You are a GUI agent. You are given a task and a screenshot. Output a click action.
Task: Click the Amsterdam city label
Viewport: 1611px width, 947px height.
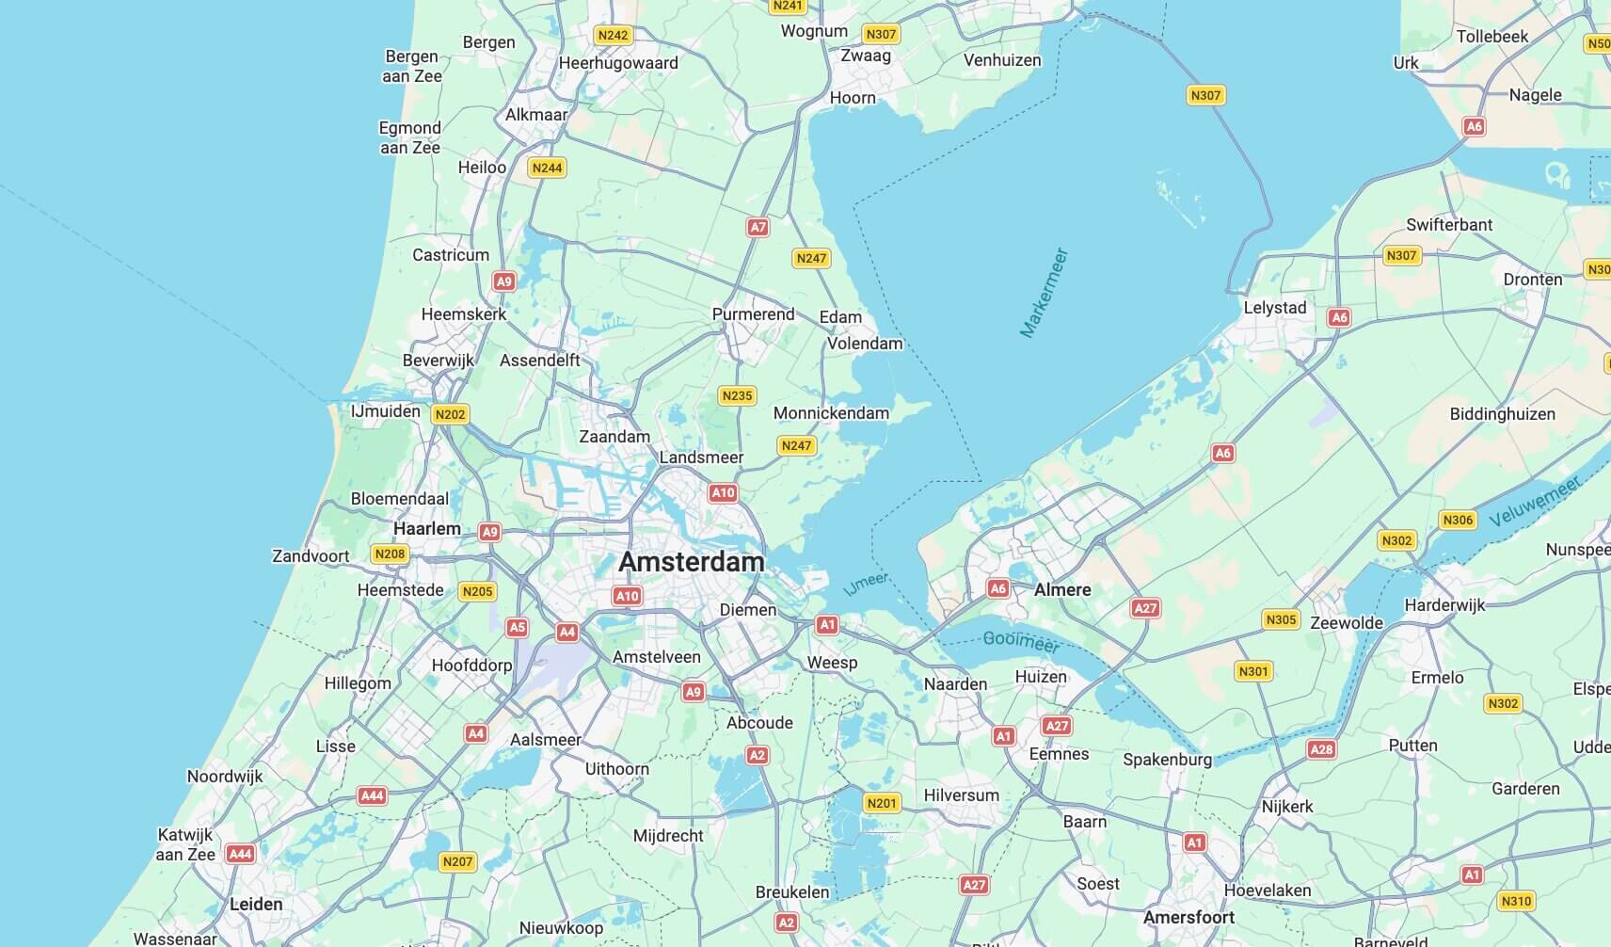(692, 562)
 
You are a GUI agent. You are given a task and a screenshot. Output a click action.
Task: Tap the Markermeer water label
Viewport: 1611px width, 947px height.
(1045, 293)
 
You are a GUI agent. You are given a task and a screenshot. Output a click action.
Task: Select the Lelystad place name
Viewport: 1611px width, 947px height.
(1275, 308)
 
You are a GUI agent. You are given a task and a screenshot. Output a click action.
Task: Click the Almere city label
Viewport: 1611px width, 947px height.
(1062, 589)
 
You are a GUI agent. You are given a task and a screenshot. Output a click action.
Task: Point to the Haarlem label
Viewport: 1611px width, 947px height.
(427, 528)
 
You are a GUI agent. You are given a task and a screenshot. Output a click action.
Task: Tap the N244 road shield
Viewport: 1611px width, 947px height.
(547, 168)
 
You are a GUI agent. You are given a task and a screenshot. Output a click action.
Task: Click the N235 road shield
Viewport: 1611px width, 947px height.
(737, 395)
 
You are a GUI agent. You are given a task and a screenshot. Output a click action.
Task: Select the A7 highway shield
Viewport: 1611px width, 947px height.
(758, 227)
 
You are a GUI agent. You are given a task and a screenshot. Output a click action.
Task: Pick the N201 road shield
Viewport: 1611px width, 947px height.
(882, 803)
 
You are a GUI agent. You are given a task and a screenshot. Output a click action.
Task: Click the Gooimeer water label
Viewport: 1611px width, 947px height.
(1021, 642)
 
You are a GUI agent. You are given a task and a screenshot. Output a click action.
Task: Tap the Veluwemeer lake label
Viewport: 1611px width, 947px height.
(1535, 502)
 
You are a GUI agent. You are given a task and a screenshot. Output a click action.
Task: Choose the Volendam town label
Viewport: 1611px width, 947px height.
(865, 344)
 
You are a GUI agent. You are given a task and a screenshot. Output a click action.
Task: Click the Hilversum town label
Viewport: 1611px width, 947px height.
(961, 795)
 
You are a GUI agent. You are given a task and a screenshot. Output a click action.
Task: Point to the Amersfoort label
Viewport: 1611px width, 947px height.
(1188, 917)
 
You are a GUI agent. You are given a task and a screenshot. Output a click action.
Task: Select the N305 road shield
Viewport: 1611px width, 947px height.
(1281, 619)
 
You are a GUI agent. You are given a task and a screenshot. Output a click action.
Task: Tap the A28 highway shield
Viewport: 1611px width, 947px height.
(1321, 749)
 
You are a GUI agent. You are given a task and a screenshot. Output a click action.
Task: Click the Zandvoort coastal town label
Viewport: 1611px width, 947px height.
(311, 556)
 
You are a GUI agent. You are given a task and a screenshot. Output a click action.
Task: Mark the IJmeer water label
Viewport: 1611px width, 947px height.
(866, 585)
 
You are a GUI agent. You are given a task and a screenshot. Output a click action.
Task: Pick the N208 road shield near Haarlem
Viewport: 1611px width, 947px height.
(390, 554)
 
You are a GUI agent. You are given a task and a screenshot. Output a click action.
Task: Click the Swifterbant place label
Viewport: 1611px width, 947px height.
(1449, 225)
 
